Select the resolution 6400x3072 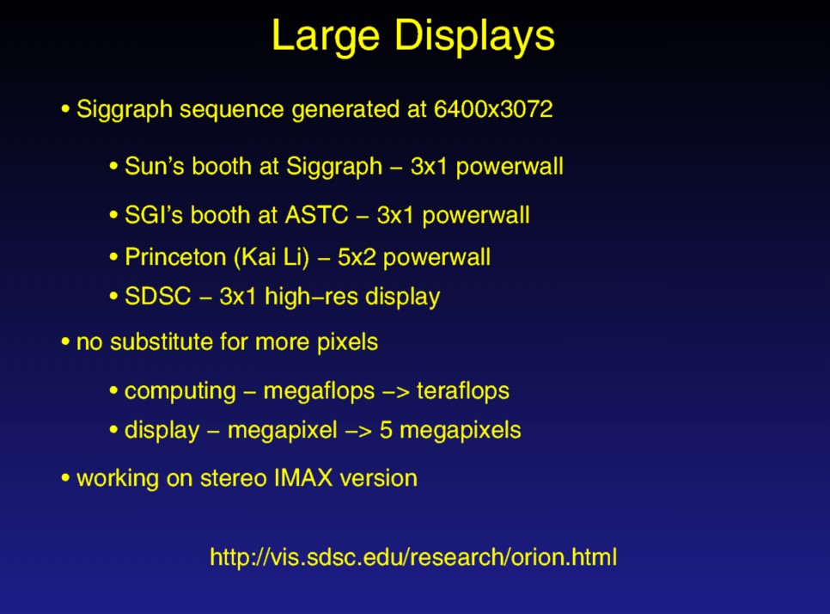tap(493, 108)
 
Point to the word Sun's tap(155, 166)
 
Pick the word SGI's tap(154, 215)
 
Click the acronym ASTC tap(316, 215)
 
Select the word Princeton tap(175, 257)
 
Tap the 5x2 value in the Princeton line tap(357, 257)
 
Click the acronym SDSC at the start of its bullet tap(158, 296)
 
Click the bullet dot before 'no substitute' tap(65, 341)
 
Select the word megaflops tap(319, 392)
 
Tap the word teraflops tap(463, 392)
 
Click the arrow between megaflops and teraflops tap(396, 392)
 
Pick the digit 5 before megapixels tap(386, 430)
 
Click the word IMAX tap(303, 478)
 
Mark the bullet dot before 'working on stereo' tap(65, 478)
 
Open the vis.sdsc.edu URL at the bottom tap(413, 557)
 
